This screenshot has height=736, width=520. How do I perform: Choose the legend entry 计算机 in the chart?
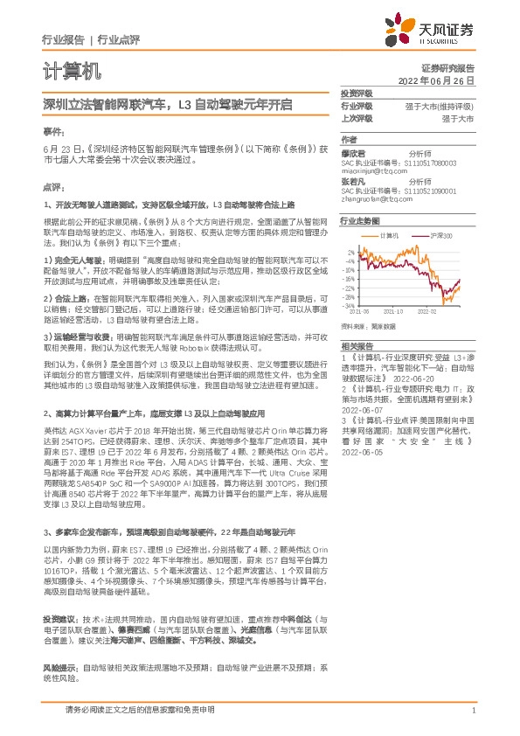tap(389, 236)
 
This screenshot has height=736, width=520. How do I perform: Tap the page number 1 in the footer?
tap(473, 711)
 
